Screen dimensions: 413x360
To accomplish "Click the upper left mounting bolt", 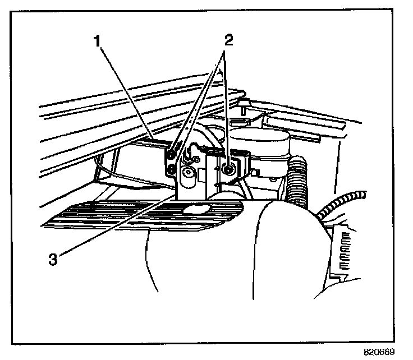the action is [172, 152].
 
